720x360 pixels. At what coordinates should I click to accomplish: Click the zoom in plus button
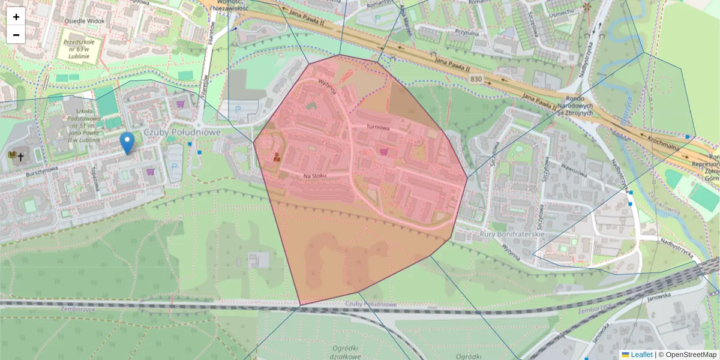click(x=16, y=16)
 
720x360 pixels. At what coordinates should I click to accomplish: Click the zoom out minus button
click(x=16, y=34)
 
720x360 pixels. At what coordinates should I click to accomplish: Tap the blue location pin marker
click(x=127, y=142)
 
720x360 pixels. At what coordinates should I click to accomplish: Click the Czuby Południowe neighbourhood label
click(x=182, y=131)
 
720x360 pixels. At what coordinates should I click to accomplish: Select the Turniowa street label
click(x=379, y=128)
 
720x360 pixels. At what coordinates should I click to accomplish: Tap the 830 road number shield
click(x=476, y=79)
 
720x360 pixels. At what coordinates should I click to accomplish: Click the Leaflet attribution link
click(x=641, y=355)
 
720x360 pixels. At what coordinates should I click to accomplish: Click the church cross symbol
click(x=21, y=157)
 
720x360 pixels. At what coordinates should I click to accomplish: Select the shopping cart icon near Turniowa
click(x=384, y=152)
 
